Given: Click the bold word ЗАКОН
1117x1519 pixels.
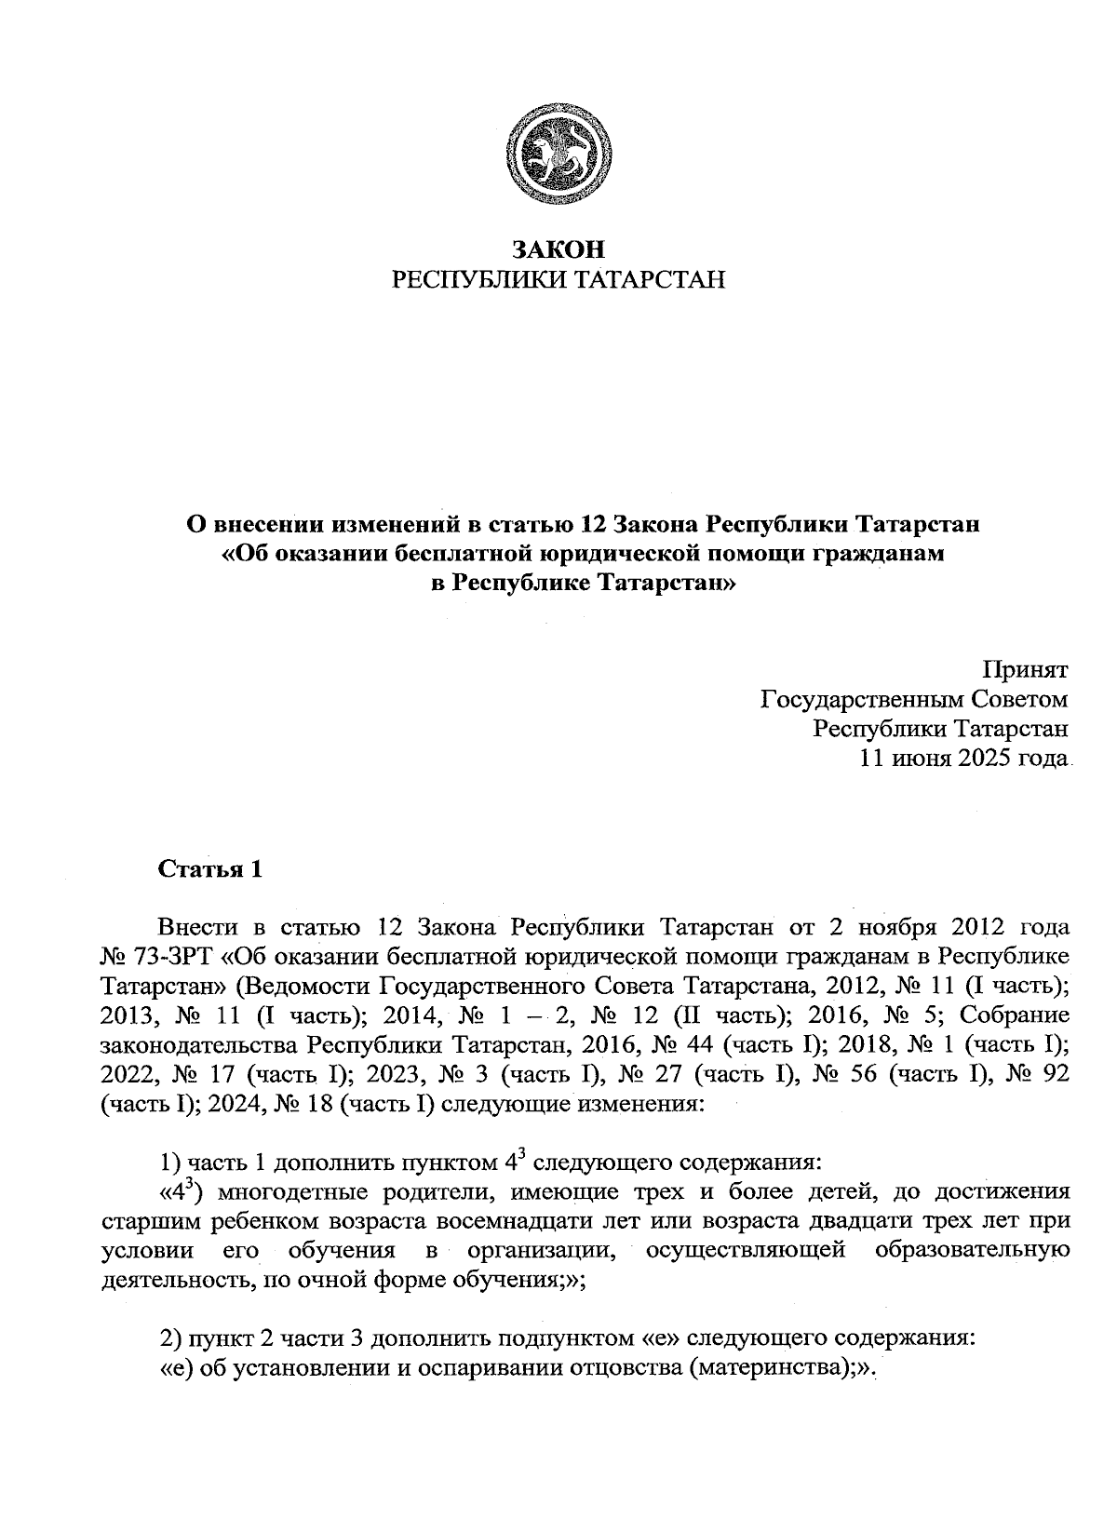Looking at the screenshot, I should coord(558,249).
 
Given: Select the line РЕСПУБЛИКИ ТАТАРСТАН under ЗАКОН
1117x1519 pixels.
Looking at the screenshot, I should coord(558,280).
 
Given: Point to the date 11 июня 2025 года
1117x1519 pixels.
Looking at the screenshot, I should coord(962,758).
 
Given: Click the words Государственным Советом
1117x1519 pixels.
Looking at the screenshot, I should coord(914,699).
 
